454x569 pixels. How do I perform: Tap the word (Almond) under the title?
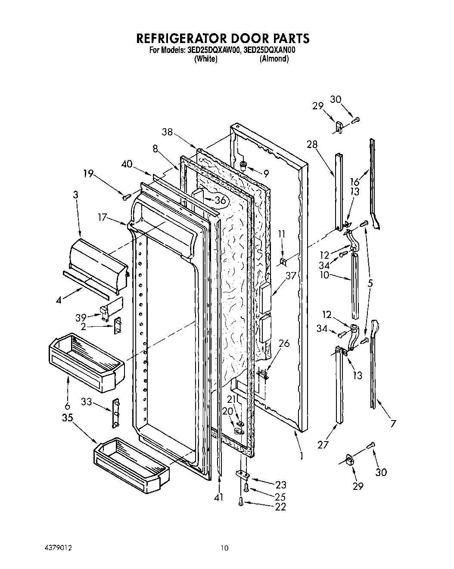point(274,59)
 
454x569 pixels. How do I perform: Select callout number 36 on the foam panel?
point(220,200)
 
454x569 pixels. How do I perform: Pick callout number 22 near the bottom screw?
point(280,507)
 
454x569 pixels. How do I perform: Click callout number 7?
point(393,424)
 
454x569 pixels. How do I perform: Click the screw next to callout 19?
point(127,197)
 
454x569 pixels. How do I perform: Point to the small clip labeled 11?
point(283,261)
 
